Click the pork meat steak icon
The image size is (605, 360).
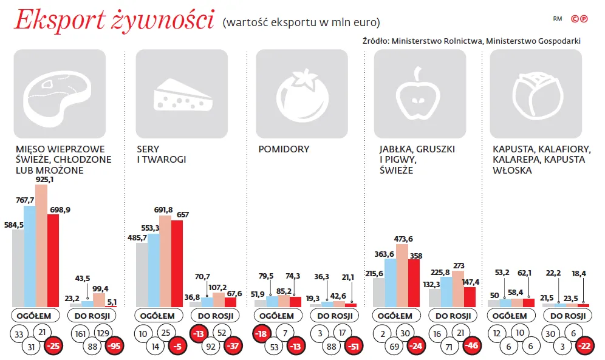point(59,95)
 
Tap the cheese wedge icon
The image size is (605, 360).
point(181,95)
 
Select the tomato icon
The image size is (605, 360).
point(301,95)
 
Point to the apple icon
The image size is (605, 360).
point(420,95)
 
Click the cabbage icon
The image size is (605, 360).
point(535,95)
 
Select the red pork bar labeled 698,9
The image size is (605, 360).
point(53,261)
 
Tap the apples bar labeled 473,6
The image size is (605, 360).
point(402,276)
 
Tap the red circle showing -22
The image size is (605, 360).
point(584,346)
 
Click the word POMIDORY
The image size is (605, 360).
point(284,149)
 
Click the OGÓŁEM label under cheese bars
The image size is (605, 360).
point(157,316)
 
